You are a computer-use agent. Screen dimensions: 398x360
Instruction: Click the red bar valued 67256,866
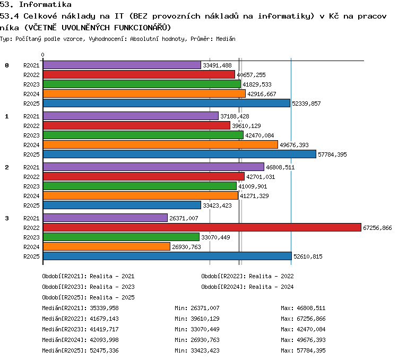pos(202,227)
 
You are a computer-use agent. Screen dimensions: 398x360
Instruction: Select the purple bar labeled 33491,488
pos(122,65)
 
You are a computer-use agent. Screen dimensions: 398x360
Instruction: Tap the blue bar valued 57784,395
pos(180,154)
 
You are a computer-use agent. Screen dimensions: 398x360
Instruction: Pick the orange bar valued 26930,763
pos(107,246)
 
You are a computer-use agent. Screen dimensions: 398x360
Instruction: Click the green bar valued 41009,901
pos(140,186)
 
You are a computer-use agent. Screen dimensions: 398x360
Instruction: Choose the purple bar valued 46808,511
pos(153,167)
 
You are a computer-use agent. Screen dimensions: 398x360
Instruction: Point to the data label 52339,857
pos(306,104)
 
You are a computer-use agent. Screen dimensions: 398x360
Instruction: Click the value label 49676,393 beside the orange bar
pos(294,145)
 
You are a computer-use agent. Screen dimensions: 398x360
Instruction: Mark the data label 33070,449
pos(216,237)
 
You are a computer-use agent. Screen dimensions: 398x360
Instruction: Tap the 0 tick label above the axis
pos(42,55)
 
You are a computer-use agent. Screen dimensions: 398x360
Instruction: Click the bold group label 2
pos(7,167)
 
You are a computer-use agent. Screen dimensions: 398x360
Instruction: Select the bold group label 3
pos(7,218)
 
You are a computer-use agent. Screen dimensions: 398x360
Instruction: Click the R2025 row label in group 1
pos(31,155)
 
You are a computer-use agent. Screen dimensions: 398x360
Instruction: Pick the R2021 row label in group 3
pos(31,218)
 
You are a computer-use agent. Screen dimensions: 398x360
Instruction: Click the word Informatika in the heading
pos(45,4)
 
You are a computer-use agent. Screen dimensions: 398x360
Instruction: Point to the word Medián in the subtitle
pos(226,39)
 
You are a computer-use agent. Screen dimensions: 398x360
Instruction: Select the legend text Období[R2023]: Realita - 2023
pos(88,287)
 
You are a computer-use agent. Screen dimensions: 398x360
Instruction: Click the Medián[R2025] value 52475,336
pos(105,350)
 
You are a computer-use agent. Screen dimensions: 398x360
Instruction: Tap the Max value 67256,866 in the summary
pos(311,319)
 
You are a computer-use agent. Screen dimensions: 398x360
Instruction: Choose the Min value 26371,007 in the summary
pos(205,308)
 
